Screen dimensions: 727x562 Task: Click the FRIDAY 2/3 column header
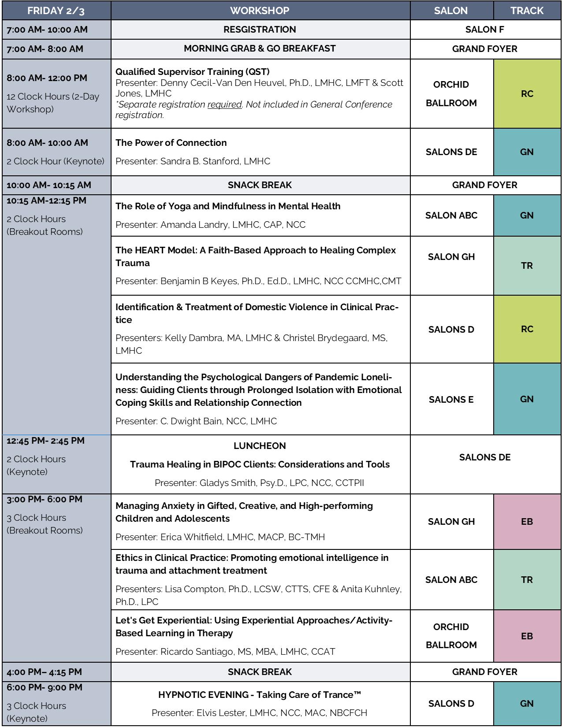point(56,11)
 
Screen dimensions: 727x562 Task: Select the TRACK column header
point(527,11)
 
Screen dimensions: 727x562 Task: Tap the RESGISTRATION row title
point(260,30)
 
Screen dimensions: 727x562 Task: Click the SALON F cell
point(484,30)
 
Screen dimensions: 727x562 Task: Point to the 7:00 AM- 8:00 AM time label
point(45,49)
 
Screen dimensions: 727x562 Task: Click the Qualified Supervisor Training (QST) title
point(192,71)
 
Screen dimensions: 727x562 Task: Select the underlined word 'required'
point(225,104)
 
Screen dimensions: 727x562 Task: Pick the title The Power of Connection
point(171,143)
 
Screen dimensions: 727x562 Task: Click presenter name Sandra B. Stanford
point(193,161)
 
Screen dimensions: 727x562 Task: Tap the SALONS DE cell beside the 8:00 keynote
point(451,152)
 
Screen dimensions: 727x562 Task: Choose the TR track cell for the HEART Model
point(527,266)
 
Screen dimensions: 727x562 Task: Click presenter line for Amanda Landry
point(210,225)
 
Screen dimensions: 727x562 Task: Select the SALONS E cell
point(451,399)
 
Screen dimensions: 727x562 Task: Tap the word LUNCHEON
point(260,446)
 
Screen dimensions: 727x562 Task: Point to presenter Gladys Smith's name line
point(259,483)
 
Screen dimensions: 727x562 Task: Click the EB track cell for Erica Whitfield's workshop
point(527,522)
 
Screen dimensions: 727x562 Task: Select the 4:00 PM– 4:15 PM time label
point(44,672)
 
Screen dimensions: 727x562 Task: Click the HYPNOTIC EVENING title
point(260,695)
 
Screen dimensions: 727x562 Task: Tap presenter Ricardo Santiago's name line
point(225,651)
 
